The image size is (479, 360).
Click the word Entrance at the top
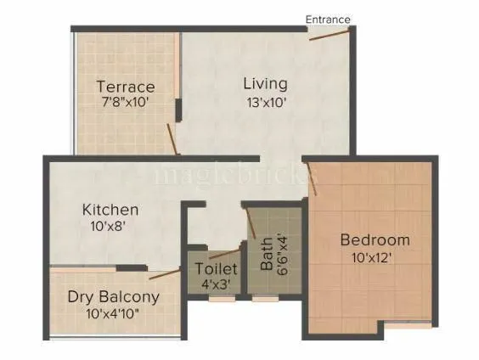point(329,19)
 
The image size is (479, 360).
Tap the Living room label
point(265,84)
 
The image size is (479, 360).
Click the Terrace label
point(125,87)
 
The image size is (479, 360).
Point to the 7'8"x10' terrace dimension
point(125,103)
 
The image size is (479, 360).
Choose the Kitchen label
point(110,209)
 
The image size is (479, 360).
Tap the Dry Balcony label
point(115,297)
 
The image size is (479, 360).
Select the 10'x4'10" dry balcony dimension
point(115,313)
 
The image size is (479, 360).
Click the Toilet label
point(215,268)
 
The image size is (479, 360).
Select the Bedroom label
point(375,240)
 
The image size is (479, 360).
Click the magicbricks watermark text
point(234,174)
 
